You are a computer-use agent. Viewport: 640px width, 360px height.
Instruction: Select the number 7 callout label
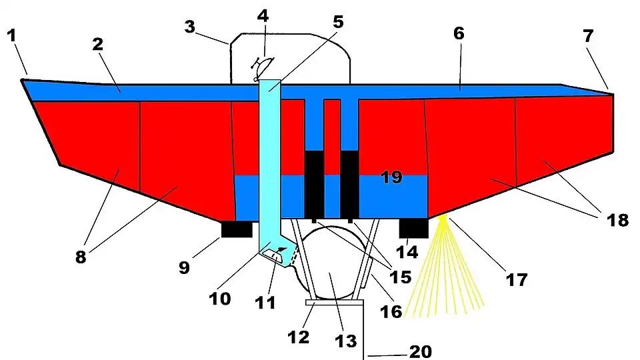[x=588, y=37]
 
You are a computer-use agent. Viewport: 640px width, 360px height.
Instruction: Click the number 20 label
[x=420, y=351]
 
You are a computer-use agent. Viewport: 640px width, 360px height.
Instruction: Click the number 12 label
[x=298, y=337]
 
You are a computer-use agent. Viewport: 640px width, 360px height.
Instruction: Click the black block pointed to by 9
[x=237, y=229]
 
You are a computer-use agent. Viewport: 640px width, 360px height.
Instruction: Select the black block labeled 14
[x=413, y=228]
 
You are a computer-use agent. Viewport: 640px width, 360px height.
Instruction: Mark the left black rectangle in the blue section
[x=314, y=184]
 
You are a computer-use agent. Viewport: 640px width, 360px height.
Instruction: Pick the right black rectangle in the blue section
[x=350, y=184]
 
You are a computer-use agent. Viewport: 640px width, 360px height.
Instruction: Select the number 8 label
[x=81, y=257]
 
